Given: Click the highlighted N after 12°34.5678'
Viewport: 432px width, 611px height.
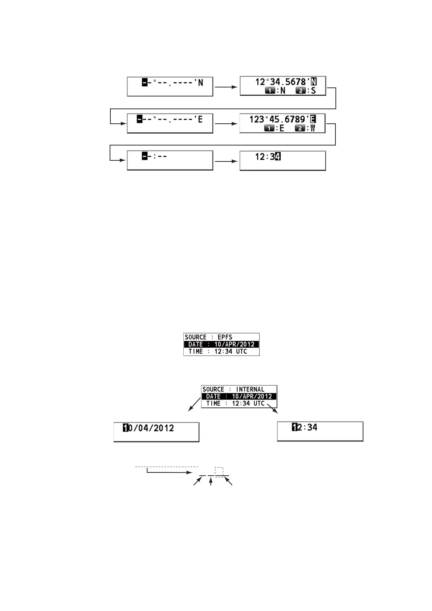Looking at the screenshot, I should coord(314,82).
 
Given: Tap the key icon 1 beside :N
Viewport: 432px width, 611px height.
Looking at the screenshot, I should coord(270,91).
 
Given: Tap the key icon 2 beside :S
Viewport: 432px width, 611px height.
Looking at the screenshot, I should coord(300,91).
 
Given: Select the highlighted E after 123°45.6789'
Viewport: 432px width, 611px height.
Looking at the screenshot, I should coord(313,119).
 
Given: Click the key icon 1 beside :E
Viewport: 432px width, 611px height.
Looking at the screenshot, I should coord(269,128).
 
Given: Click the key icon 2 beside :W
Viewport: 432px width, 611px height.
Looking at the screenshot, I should coord(299,128).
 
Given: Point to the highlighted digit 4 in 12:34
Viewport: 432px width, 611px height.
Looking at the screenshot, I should coord(278,156).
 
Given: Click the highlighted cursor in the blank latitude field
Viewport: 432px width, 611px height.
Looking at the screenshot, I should coord(144,83).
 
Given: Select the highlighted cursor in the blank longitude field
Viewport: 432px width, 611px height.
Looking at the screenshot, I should coord(139,119).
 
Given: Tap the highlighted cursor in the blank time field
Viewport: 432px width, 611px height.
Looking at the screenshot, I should coord(144,156).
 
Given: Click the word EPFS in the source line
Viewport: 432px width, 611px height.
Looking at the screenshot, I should coord(225,337).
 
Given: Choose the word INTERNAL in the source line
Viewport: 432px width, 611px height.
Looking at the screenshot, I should coord(250,389).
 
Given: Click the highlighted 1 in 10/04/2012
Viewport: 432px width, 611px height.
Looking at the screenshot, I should coord(126,428).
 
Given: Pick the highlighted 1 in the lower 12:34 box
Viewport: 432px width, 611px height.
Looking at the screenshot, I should coord(294,427).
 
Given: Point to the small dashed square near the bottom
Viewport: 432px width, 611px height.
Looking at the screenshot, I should coord(219,472).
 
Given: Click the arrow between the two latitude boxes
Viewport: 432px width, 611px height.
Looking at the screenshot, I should coord(226,87).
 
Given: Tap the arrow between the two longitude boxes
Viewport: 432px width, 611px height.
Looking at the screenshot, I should coord(226,124).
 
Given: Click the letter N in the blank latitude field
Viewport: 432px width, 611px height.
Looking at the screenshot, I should coord(200,83).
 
